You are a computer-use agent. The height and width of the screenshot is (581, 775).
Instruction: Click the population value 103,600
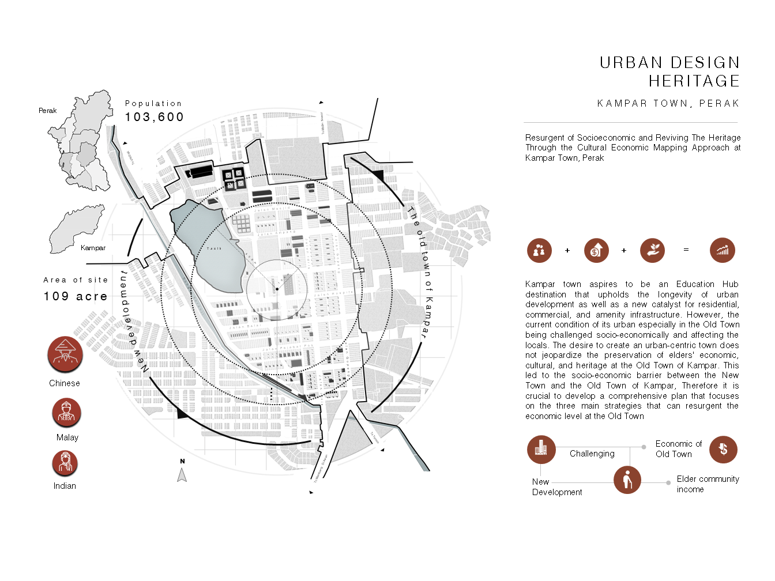pyautogui.click(x=154, y=117)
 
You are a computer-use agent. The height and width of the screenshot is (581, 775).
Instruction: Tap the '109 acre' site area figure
pyautogui.click(x=76, y=296)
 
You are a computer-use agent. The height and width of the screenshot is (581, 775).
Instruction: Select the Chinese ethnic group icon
pyautogui.click(x=65, y=354)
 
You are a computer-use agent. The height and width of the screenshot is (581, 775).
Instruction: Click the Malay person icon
pyautogui.click(x=66, y=413)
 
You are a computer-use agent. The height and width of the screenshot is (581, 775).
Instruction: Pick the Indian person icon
pyautogui.click(x=65, y=463)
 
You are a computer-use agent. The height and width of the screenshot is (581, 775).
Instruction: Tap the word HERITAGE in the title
pyautogui.click(x=694, y=81)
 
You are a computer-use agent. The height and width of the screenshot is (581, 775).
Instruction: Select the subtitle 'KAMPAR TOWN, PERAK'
pyautogui.click(x=668, y=104)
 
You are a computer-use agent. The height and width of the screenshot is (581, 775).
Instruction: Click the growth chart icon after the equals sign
pyautogui.click(x=723, y=250)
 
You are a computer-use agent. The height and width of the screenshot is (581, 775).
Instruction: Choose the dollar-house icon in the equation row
pyautogui.click(x=596, y=250)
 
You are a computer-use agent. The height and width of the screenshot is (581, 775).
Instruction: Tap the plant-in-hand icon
pyautogui.click(x=652, y=250)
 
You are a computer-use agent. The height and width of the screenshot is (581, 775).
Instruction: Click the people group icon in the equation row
pyautogui.click(x=539, y=250)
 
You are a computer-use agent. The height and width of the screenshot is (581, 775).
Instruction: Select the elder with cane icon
pyautogui.click(x=627, y=480)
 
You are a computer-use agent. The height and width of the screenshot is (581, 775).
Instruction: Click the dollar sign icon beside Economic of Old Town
pyautogui.click(x=723, y=449)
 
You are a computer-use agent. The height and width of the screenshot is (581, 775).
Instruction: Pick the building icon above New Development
pyautogui.click(x=541, y=449)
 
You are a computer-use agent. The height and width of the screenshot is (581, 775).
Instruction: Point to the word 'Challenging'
pyautogui.click(x=592, y=454)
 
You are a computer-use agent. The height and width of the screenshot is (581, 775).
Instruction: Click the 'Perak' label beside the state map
pyautogui.click(x=48, y=111)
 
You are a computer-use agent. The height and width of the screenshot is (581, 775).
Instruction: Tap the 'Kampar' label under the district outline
pyautogui.click(x=93, y=248)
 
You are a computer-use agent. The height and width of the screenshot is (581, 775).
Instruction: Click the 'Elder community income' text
pyautogui.click(x=707, y=484)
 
